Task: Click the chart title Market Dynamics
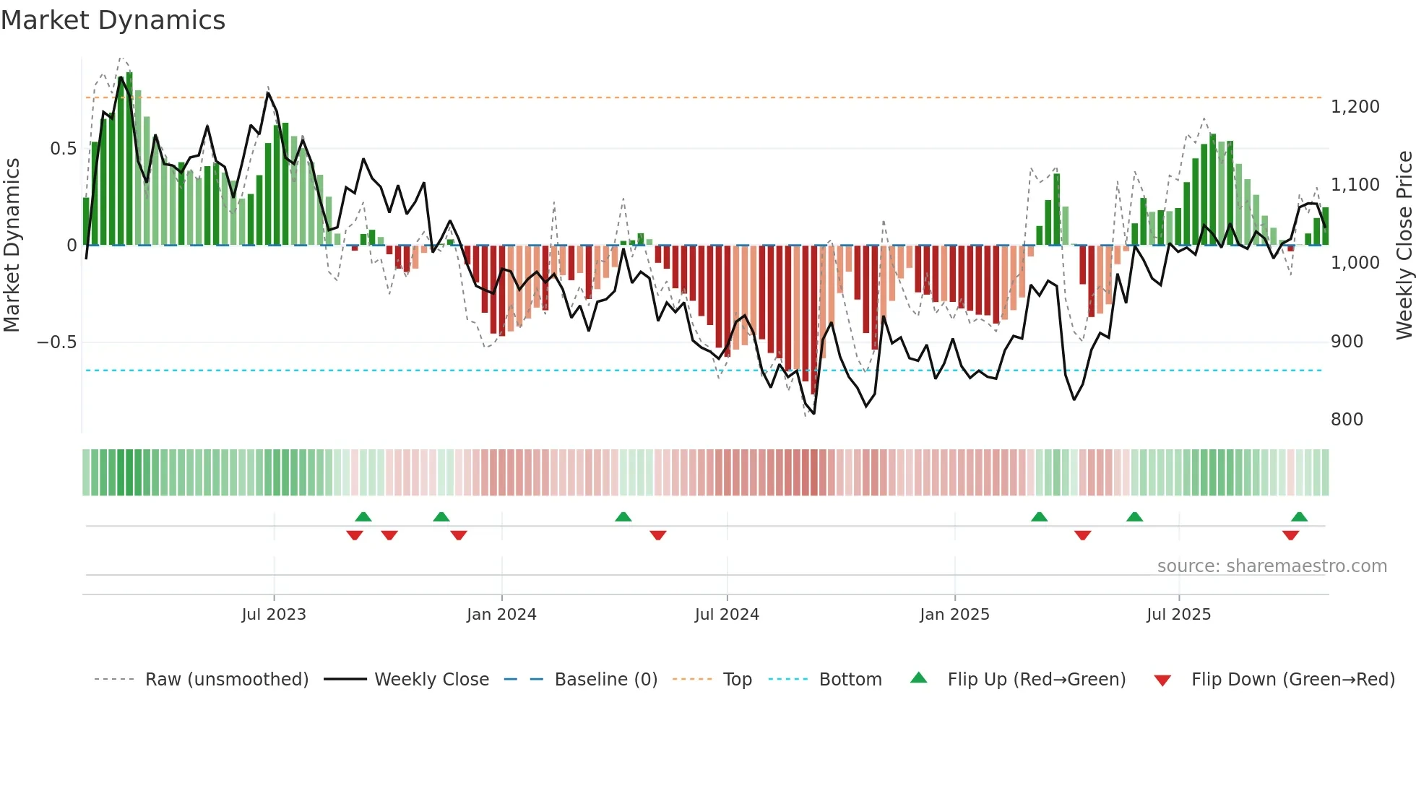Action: tap(113, 20)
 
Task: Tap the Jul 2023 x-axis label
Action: tap(274, 615)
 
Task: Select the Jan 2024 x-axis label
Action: tap(501, 615)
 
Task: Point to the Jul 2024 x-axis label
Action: tap(727, 615)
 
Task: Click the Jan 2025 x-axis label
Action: tap(954, 615)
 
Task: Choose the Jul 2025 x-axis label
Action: tap(1178, 615)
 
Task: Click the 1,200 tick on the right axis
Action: tap(1355, 107)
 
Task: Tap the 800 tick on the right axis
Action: tap(1347, 420)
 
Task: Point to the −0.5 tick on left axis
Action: tap(57, 342)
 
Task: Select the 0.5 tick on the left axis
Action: tap(63, 149)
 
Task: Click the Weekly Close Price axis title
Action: tap(1404, 245)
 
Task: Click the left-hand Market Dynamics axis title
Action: tap(12, 245)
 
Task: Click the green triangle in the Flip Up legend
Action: tap(918, 678)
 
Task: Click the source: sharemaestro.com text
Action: tap(1272, 566)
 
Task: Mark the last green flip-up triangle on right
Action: tap(1299, 517)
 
